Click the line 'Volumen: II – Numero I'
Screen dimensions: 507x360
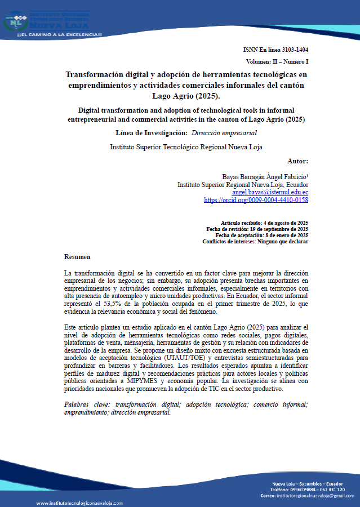click(x=277, y=61)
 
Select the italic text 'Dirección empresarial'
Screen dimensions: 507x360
click(x=224, y=133)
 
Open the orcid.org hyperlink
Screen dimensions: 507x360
click(x=256, y=200)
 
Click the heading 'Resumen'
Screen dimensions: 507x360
click(x=77, y=257)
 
